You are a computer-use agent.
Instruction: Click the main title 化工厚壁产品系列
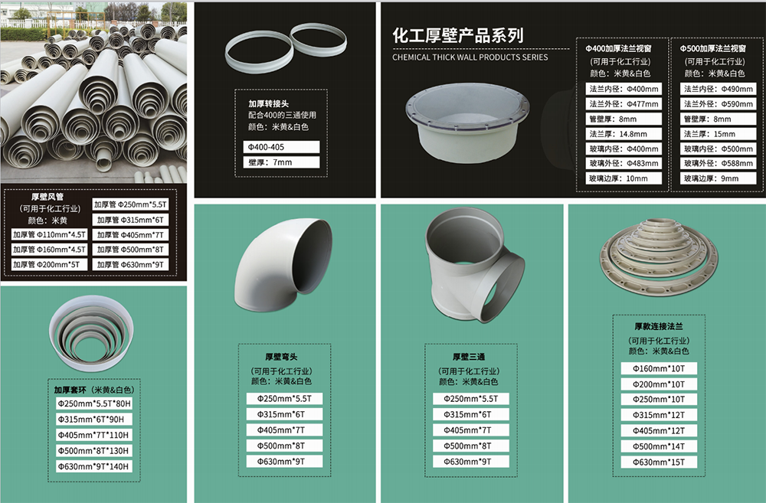pyautogui.click(x=458, y=35)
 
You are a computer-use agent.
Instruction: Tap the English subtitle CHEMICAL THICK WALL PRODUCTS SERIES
pyautogui.click(x=470, y=57)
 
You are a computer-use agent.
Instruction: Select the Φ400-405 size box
pyautogui.click(x=281, y=147)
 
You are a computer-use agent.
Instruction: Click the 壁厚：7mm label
pyautogui.click(x=281, y=162)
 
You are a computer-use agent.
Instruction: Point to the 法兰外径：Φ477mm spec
pyautogui.click(x=624, y=104)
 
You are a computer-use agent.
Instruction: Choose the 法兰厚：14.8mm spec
pyautogui.click(x=624, y=134)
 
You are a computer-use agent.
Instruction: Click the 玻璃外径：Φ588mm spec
pyautogui.click(x=719, y=163)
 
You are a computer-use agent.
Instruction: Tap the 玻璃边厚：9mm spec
pyautogui.click(x=719, y=178)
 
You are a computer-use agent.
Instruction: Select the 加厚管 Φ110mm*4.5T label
pyautogui.click(x=49, y=235)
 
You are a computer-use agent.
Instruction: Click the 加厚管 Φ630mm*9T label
pyautogui.click(x=130, y=265)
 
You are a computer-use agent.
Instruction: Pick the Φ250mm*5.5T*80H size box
pyautogui.click(x=93, y=404)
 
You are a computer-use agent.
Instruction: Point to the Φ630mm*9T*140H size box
pyautogui.click(x=93, y=466)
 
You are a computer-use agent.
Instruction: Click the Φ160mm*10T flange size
pyautogui.click(x=659, y=369)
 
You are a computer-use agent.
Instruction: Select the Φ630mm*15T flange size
pyautogui.click(x=659, y=462)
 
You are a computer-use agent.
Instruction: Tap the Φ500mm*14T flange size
pyautogui.click(x=659, y=446)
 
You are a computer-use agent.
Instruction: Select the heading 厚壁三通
pyautogui.click(x=469, y=357)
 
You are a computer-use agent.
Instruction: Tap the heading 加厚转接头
pyautogui.click(x=268, y=103)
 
